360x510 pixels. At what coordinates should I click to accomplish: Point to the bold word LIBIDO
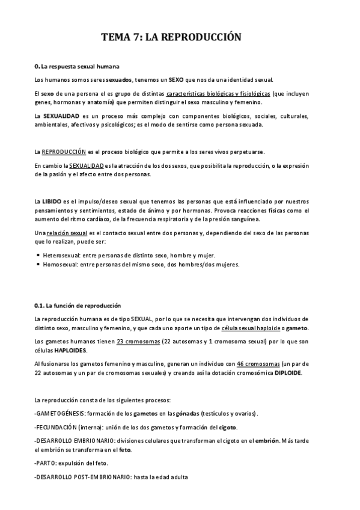(x=52, y=199)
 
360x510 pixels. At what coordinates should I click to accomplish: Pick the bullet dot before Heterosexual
(x=38, y=255)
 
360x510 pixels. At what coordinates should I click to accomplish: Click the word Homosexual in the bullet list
(x=59, y=264)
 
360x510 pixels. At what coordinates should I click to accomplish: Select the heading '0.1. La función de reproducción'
(x=78, y=305)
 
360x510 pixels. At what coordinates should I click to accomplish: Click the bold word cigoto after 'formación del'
(x=228, y=428)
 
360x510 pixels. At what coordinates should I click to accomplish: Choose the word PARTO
(x=47, y=463)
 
